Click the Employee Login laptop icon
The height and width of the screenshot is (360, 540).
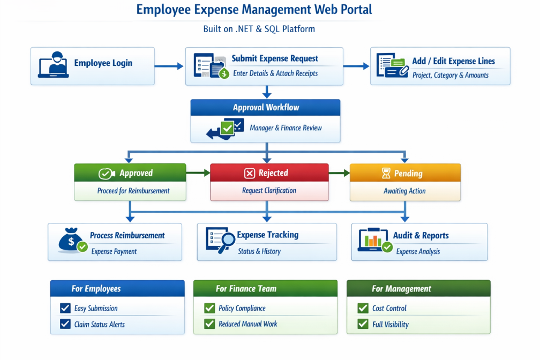[x=54, y=65]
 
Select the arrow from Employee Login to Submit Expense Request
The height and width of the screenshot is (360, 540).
[x=169, y=66]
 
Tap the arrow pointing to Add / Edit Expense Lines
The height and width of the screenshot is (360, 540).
[x=356, y=66]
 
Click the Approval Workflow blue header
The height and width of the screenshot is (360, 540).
[x=266, y=108]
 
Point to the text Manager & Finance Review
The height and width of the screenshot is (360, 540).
[x=286, y=128]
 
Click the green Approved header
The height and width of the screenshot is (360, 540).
[x=130, y=172]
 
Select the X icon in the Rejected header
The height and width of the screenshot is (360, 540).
[x=250, y=173]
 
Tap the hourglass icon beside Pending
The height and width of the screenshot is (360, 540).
[x=386, y=173]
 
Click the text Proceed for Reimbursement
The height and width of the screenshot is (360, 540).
[x=133, y=191]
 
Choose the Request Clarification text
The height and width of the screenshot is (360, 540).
[x=269, y=191]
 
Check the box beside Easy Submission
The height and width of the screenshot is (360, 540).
[x=65, y=308]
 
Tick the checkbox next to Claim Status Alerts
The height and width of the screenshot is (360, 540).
[x=65, y=324]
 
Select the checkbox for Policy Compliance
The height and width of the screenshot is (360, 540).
[x=209, y=308]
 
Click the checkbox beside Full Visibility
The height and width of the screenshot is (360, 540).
[x=363, y=324]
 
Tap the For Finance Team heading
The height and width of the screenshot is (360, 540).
[x=246, y=289]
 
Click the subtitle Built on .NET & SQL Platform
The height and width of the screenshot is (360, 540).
[x=259, y=29]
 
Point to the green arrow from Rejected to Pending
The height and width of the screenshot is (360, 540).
[x=339, y=173]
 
